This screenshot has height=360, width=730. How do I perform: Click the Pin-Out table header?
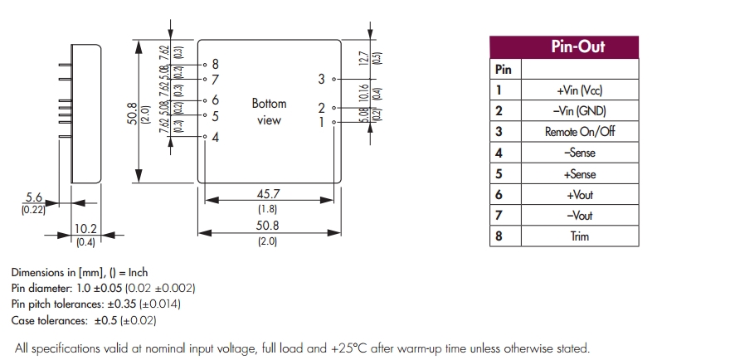(x=578, y=47)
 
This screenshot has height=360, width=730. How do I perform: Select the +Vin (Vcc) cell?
(x=579, y=90)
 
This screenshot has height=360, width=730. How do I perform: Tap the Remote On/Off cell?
(x=579, y=132)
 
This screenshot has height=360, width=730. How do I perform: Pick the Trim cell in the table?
(x=579, y=236)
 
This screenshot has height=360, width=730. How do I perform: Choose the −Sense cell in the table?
(x=579, y=153)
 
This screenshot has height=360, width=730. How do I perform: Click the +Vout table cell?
(x=579, y=195)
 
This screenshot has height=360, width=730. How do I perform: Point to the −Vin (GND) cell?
(x=579, y=111)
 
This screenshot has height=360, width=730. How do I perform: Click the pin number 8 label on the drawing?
(x=216, y=64)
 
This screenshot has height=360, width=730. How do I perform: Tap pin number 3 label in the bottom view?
(x=321, y=79)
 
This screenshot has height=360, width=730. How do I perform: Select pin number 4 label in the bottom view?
(x=216, y=137)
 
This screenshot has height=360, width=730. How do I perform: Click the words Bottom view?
(x=269, y=112)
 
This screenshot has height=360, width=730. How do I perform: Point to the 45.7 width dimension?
(x=267, y=193)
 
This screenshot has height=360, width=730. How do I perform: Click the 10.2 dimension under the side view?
(x=85, y=229)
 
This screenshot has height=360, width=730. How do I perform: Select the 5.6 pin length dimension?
(x=34, y=197)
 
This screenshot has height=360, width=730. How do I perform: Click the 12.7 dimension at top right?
(x=363, y=58)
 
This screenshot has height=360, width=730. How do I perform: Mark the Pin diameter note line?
(x=104, y=288)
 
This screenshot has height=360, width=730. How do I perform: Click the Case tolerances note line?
(x=84, y=319)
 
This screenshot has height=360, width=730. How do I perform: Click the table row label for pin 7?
(x=499, y=216)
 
